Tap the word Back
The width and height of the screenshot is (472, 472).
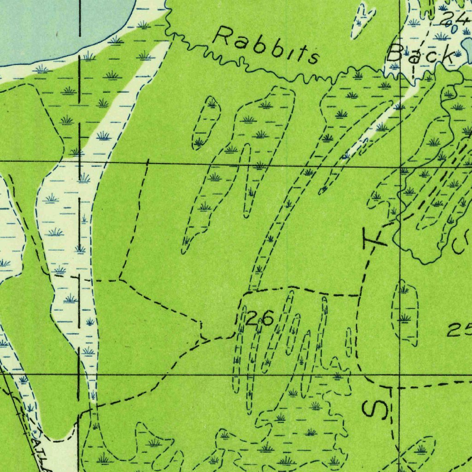click(x=420, y=54)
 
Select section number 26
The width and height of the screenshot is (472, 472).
click(x=259, y=318)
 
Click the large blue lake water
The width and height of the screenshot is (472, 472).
click(x=55, y=28)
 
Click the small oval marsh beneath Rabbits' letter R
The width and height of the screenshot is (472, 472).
click(x=206, y=123)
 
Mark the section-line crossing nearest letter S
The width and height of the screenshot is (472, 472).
click(x=399, y=375)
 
